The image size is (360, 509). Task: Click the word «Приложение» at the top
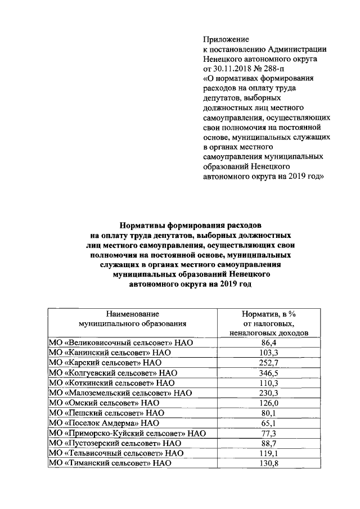226,39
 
